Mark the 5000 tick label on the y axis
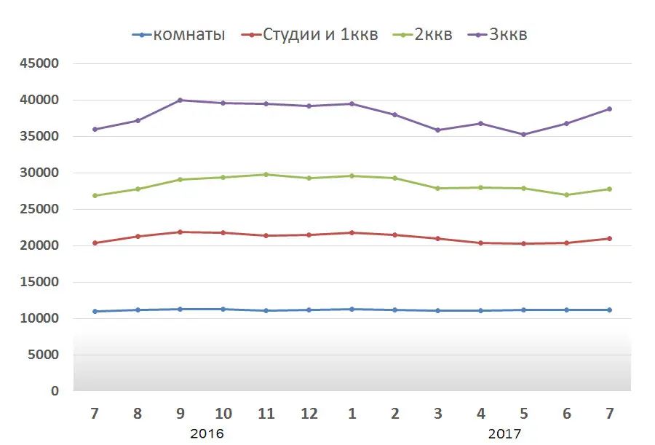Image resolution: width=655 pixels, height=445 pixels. pyautogui.click(x=45, y=355)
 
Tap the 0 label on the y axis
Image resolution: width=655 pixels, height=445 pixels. pyautogui.click(x=55, y=391)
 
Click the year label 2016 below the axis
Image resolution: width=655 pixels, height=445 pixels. pyautogui.click(x=207, y=434)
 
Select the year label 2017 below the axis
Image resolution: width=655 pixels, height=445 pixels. pyautogui.click(x=504, y=434)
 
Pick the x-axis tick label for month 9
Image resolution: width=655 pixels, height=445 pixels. pyautogui.click(x=180, y=414)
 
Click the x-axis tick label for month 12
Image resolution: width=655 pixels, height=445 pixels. pyautogui.click(x=309, y=414)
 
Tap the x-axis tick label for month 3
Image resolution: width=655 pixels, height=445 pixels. pyautogui.click(x=438, y=414)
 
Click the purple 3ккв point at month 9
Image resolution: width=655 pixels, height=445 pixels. pyautogui.click(x=180, y=100)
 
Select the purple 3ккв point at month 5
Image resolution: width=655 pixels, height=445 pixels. pyautogui.click(x=524, y=134)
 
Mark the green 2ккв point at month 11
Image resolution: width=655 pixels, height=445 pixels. pyautogui.click(x=266, y=174)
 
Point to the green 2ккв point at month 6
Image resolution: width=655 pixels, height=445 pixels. pyautogui.click(x=567, y=194)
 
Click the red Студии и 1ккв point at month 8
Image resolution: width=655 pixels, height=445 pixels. pyautogui.click(x=138, y=236)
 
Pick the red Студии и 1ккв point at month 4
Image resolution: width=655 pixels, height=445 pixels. pyautogui.click(x=481, y=243)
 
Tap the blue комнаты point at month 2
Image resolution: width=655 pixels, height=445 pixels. pyautogui.click(x=395, y=310)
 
